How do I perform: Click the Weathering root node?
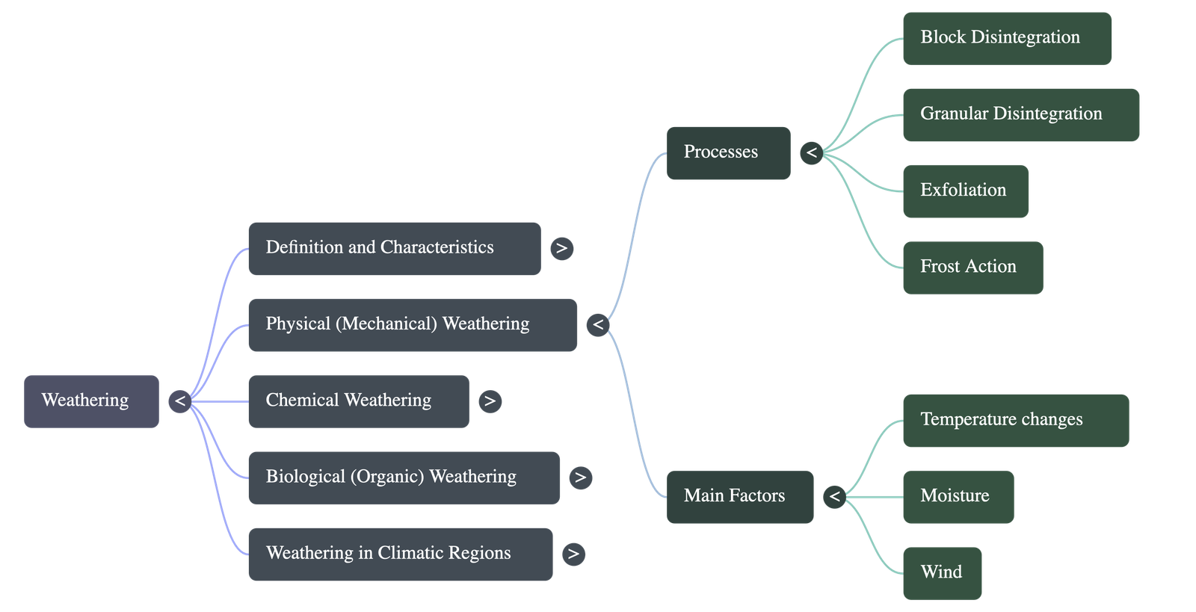pos(91,401)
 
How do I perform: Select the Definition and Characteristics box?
pos(394,248)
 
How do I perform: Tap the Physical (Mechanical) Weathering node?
pos(412,325)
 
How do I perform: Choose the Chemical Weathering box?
pos(358,401)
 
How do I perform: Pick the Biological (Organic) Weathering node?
pos(403,477)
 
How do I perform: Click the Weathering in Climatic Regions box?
pos(400,554)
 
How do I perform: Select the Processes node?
pos(728,153)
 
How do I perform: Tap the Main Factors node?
pos(739,497)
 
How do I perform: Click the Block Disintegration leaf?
pos(1006,38)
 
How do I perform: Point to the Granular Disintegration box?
pos(1020,114)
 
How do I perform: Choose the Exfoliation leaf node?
pos(965,191)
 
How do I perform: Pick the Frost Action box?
pos(972,268)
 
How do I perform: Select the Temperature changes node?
pos(1015,421)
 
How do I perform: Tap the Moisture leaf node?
pos(958,497)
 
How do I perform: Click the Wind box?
pos(942,573)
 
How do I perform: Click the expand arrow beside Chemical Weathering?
pos(490,401)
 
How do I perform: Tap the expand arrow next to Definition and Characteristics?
pos(561,248)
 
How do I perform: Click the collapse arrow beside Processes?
pos(811,153)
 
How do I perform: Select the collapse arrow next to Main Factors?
pos(834,497)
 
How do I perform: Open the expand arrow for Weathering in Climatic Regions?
pos(573,554)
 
